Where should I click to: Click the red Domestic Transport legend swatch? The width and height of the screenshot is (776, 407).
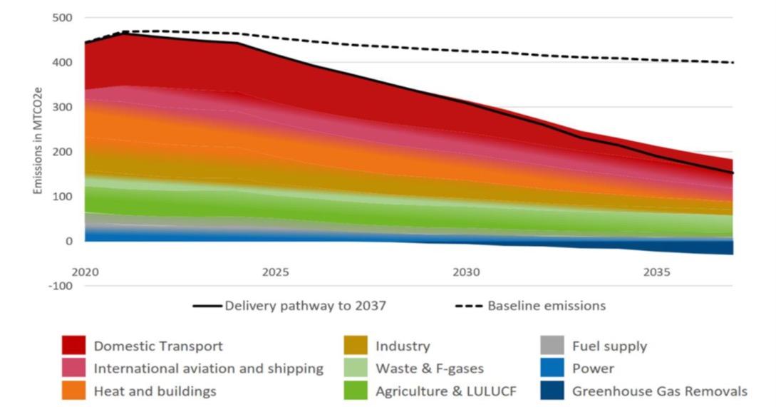[73, 346]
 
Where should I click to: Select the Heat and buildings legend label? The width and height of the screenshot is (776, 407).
[155, 391]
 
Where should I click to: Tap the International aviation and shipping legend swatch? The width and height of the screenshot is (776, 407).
[73, 369]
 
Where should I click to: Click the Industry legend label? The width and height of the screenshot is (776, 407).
[403, 346]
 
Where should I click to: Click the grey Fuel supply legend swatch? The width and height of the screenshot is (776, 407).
[552, 346]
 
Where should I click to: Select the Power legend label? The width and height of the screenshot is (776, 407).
[593, 369]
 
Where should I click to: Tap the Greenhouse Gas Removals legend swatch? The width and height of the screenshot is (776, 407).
[552, 391]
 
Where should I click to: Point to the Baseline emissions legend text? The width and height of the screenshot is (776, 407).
[547, 306]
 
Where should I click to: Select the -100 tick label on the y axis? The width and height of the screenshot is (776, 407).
[60, 286]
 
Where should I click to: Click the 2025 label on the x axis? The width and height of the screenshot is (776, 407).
[275, 272]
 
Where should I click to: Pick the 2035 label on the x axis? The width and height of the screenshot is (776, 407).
[656, 272]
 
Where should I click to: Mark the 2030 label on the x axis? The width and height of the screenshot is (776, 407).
[465, 272]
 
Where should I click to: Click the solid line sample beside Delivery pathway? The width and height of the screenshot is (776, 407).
[207, 306]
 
